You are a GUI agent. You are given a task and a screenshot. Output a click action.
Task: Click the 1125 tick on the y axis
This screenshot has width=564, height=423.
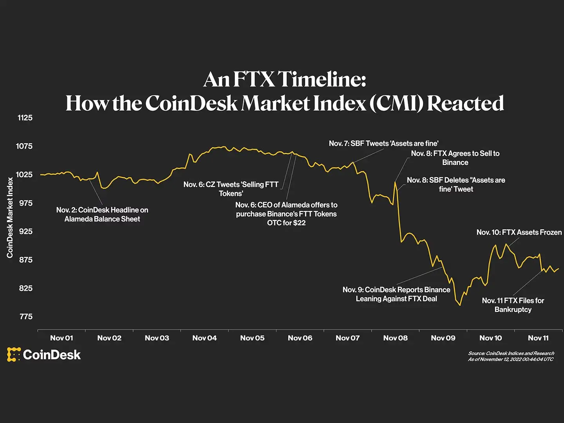pyautogui.click(x=25, y=118)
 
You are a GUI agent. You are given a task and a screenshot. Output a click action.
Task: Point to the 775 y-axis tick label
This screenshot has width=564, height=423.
pyautogui.click(x=26, y=316)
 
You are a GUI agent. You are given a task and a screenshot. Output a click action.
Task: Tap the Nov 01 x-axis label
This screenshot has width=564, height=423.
pyautogui.click(x=61, y=338)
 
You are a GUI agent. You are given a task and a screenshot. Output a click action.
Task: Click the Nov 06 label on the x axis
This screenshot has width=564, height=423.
pyautogui.click(x=300, y=338)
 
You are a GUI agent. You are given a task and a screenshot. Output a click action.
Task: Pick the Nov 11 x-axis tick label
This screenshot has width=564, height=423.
pyautogui.click(x=538, y=338)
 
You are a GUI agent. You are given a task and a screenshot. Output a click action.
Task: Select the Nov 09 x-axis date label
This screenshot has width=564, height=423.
pyautogui.click(x=443, y=338)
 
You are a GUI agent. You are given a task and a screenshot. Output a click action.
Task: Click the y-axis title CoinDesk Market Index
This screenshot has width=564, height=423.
pyautogui.click(x=10, y=217)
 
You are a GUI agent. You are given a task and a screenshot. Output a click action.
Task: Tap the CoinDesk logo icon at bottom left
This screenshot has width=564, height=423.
pyautogui.click(x=14, y=354)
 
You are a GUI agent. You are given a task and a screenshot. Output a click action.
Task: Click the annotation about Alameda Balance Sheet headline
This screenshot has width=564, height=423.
pyautogui.click(x=102, y=214)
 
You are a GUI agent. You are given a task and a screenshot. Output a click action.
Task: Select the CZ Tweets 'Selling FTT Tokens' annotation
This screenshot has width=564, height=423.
pyautogui.click(x=231, y=189)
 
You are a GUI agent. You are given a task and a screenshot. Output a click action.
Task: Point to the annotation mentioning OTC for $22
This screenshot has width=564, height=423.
pyautogui.click(x=286, y=214)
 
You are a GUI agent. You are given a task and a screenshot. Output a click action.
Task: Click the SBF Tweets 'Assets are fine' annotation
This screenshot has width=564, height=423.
pyautogui.click(x=383, y=143)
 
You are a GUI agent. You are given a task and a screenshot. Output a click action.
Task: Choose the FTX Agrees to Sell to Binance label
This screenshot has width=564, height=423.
pyautogui.click(x=455, y=158)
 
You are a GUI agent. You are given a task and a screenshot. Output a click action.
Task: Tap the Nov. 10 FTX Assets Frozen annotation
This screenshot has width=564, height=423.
pyautogui.click(x=519, y=232)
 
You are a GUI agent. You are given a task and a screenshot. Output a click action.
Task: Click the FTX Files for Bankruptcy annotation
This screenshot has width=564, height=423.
pyautogui.click(x=513, y=305)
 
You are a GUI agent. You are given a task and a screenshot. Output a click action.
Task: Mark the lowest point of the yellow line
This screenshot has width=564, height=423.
pyautogui.click(x=460, y=305)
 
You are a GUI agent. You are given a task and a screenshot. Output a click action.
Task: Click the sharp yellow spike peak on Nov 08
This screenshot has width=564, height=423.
pyautogui.click(x=395, y=182)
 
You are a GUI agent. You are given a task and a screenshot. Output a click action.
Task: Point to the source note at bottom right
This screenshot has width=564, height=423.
pyautogui.click(x=511, y=356)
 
